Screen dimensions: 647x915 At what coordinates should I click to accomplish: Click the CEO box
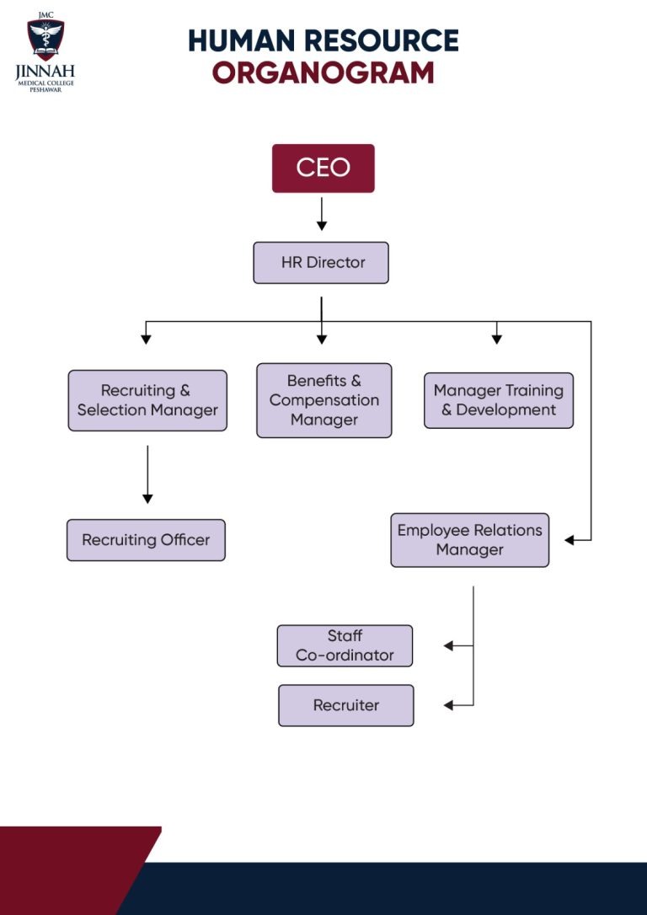(323, 168)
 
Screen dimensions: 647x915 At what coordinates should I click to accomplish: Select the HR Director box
(321, 263)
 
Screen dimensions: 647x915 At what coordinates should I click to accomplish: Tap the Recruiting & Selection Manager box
(147, 400)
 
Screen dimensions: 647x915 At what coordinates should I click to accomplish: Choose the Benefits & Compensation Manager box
(324, 400)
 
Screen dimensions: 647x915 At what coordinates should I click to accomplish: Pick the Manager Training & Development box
(499, 400)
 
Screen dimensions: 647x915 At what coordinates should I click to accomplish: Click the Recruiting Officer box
(146, 540)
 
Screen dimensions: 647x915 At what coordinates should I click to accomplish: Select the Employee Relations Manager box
(469, 540)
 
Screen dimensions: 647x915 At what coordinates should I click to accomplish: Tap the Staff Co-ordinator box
(345, 646)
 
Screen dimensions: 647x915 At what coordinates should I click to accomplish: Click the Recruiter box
(346, 705)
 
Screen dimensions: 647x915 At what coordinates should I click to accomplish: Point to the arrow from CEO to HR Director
(322, 214)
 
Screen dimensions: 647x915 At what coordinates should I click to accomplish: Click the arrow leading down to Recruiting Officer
(147, 474)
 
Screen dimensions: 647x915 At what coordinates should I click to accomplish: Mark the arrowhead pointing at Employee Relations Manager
(569, 540)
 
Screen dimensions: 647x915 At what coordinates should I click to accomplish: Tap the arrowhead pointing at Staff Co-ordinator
(448, 646)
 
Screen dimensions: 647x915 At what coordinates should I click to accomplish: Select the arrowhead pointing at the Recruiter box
(448, 705)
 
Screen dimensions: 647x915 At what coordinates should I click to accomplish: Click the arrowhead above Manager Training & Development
(496, 340)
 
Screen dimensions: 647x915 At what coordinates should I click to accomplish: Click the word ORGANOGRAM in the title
(323, 73)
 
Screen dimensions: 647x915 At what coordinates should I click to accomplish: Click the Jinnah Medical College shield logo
(45, 39)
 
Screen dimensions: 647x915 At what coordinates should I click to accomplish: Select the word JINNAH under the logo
(45, 72)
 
